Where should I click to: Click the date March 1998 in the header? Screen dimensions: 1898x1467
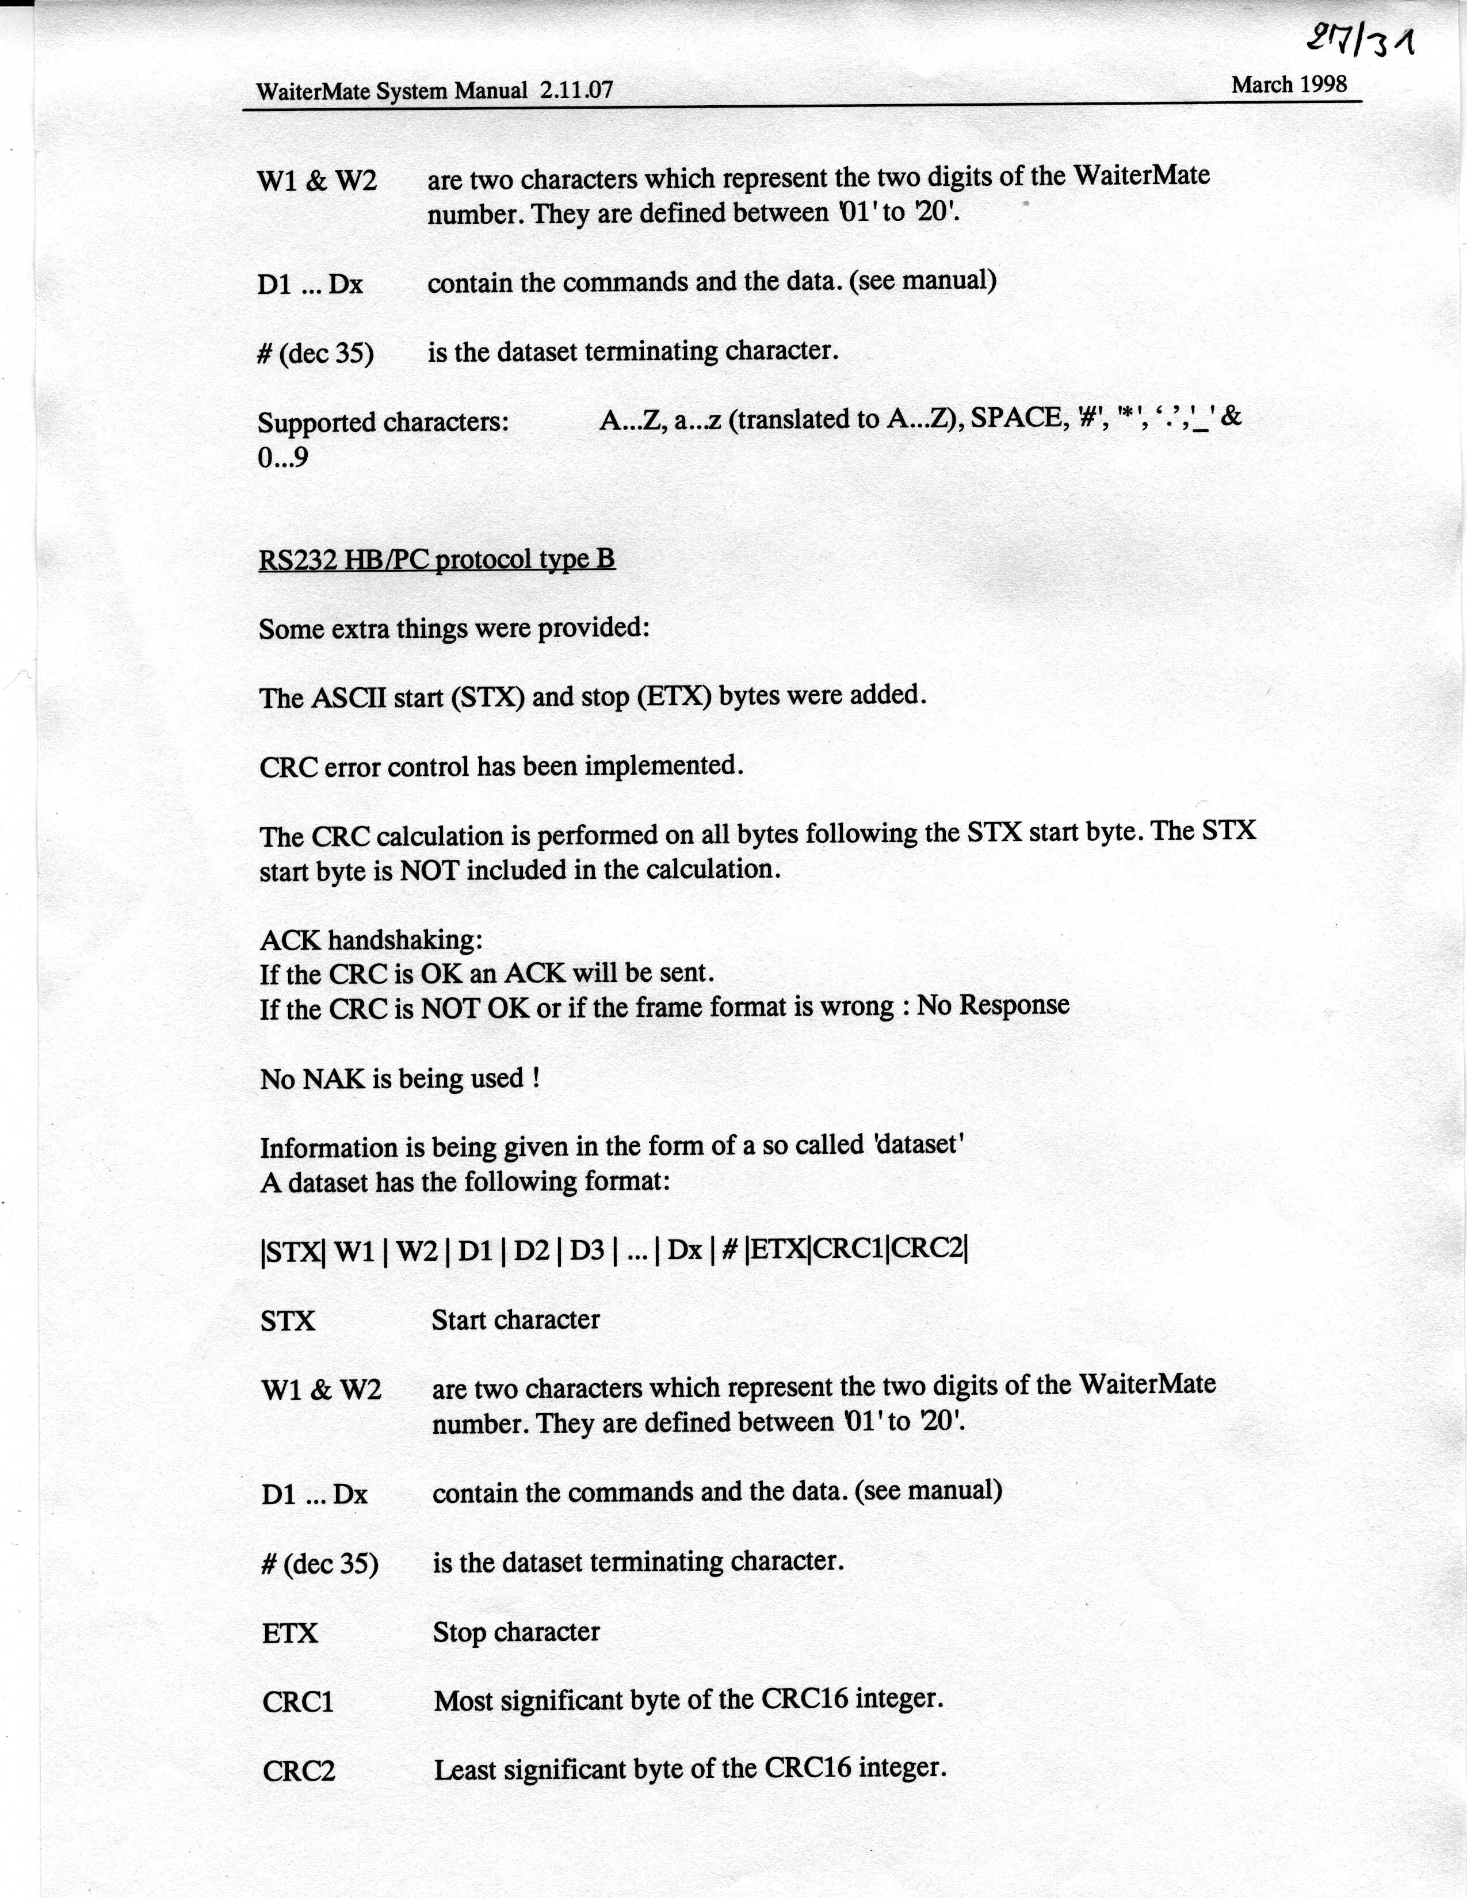pos(1289,85)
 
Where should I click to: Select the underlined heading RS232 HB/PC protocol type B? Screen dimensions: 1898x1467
pos(436,559)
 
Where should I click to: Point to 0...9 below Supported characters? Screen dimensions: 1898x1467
pos(282,457)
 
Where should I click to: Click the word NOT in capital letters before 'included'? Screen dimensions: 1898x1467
pos(429,870)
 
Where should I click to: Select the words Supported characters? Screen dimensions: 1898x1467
pos(383,422)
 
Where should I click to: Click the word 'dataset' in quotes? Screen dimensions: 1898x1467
pos(919,1145)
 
